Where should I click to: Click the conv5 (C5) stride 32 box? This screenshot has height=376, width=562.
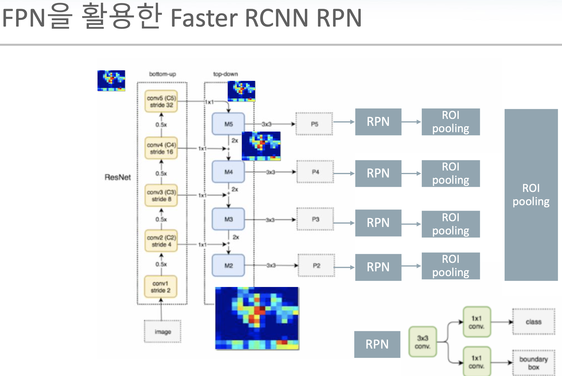(161, 101)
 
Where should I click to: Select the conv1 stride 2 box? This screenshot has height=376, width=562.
(160, 287)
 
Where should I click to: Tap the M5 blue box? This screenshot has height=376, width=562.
(228, 124)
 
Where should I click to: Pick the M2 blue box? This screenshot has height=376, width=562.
(228, 266)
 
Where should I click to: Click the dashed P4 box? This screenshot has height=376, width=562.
(315, 172)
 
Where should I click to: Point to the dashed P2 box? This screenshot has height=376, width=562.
(316, 266)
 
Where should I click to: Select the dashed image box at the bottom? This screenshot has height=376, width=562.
(163, 332)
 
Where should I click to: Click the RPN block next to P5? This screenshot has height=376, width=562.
(378, 122)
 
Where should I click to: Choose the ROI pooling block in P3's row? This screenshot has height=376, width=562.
(451, 224)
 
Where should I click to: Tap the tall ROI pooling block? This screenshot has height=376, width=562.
(531, 195)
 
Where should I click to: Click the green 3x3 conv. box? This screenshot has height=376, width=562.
(422, 342)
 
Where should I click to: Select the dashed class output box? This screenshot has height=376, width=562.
(533, 322)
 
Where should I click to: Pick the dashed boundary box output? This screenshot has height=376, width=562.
(533, 363)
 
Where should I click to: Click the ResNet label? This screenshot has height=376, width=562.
(118, 177)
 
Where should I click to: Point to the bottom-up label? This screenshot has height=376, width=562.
(162, 74)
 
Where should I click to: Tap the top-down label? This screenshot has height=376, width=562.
(225, 74)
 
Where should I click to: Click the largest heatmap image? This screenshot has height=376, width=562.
(257, 318)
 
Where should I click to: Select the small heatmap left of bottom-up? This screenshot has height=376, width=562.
(111, 81)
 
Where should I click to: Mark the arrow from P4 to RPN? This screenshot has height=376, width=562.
(344, 174)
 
